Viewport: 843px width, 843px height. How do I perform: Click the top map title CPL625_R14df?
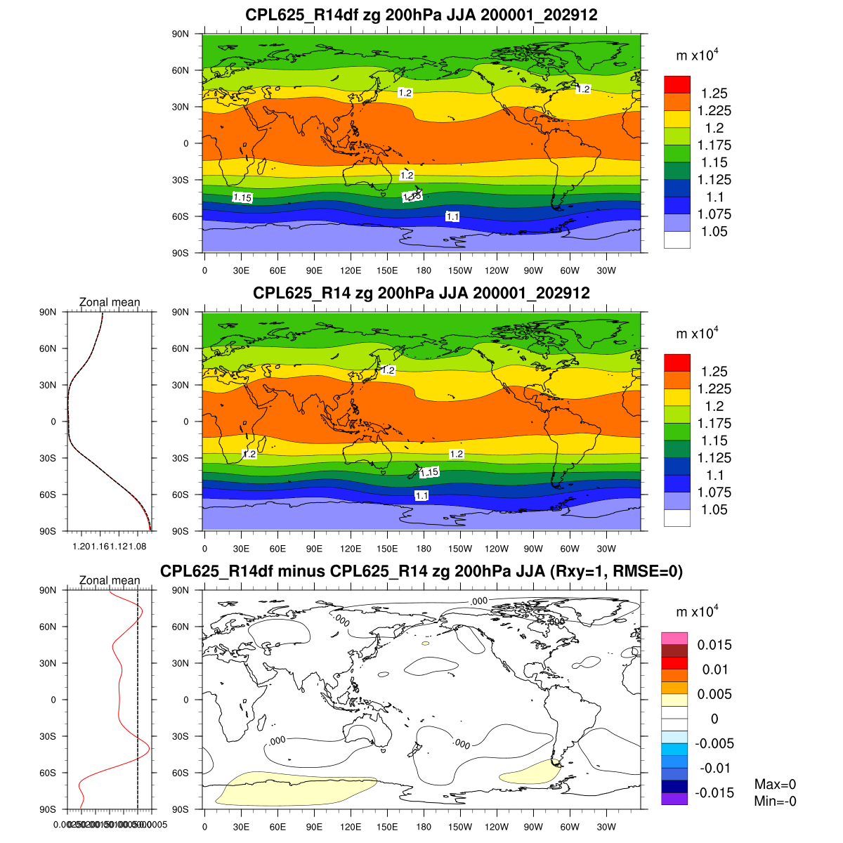point(421,15)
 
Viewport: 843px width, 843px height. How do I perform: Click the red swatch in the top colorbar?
point(677,84)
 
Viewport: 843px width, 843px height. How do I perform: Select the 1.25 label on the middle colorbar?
point(714,372)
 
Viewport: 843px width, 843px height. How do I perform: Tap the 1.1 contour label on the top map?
point(452,216)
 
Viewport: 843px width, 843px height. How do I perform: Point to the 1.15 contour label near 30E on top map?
point(242,197)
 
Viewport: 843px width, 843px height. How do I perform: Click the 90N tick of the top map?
point(181,34)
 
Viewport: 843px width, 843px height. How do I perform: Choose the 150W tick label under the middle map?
point(460,549)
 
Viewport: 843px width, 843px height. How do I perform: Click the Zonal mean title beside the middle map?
point(110,302)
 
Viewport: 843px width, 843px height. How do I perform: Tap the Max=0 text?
point(775,785)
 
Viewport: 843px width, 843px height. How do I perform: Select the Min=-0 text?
point(775,801)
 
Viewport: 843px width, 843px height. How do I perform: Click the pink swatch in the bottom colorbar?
point(674,638)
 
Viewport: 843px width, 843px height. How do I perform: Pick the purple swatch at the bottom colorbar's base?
point(674,799)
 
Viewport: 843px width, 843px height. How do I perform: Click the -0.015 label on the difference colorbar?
point(714,793)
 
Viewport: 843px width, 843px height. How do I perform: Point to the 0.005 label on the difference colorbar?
point(714,694)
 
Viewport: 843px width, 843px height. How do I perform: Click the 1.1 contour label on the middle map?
point(421,495)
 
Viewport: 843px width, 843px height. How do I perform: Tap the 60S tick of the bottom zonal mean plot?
point(48,773)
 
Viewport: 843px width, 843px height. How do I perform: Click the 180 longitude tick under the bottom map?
point(424,827)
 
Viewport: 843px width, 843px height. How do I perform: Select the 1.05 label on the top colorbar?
point(714,232)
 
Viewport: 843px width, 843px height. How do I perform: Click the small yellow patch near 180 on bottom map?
point(425,643)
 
